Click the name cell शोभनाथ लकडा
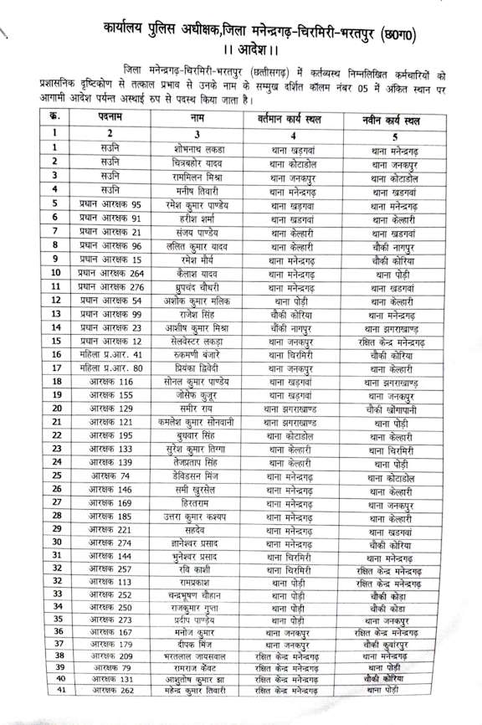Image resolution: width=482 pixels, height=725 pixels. [197, 148]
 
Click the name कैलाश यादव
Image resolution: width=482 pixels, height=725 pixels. [197, 274]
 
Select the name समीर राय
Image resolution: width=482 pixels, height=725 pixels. [197, 409]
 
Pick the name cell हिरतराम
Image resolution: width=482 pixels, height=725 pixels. [197, 502]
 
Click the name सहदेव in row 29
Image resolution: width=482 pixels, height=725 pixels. [197, 530]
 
